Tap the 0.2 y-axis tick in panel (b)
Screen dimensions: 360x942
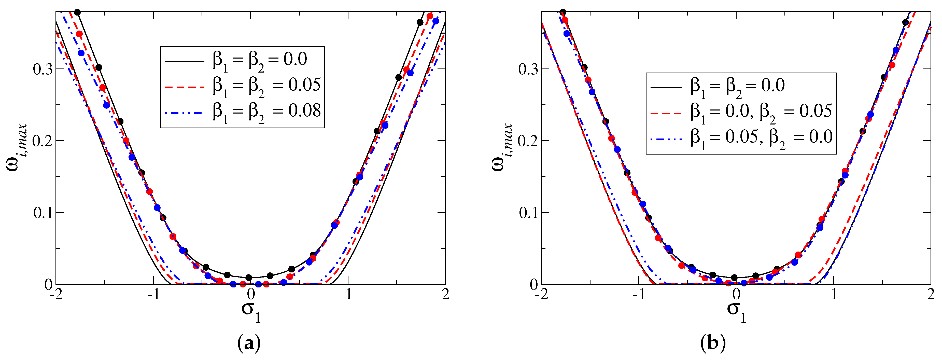pos(528,141)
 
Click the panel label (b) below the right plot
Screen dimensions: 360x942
pos(713,344)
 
